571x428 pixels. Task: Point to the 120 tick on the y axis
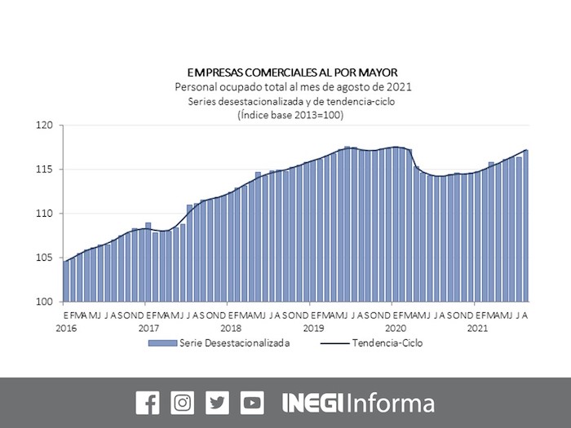click(x=44, y=126)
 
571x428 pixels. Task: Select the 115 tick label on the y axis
click(x=44, y=170)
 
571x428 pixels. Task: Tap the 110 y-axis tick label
click(x=44, y=214)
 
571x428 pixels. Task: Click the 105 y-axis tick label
click(x=44, y=258)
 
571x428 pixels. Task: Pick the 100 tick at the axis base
click(x=44, y=302)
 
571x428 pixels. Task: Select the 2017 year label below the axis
click(x=148, y=328)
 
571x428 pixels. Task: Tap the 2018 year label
click(x=231, y=328)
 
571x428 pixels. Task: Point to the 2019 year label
click(x=313, y=328)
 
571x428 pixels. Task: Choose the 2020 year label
click(x=396, y=328)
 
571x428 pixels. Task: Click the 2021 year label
click(x=478, y=328)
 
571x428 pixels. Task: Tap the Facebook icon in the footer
click(x=148, y=403)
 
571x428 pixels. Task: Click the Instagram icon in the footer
click(x=183, y=403)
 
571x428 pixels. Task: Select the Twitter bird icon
click(x=218, y=403)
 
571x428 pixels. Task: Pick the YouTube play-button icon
click(x=252, y=403)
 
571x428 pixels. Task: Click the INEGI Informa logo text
click(x=358, y=403)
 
